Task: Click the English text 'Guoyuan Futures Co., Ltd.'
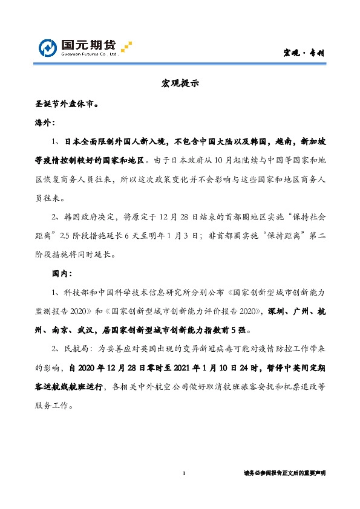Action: (90, 54)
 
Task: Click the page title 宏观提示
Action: (180, 83)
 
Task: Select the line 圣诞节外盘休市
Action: (67, 103)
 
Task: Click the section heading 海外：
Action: (45, 122)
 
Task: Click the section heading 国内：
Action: (63, 273)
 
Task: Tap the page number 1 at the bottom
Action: (183, 473)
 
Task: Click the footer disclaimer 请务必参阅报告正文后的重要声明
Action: (284, 474)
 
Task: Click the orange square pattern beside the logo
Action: (126, 45)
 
